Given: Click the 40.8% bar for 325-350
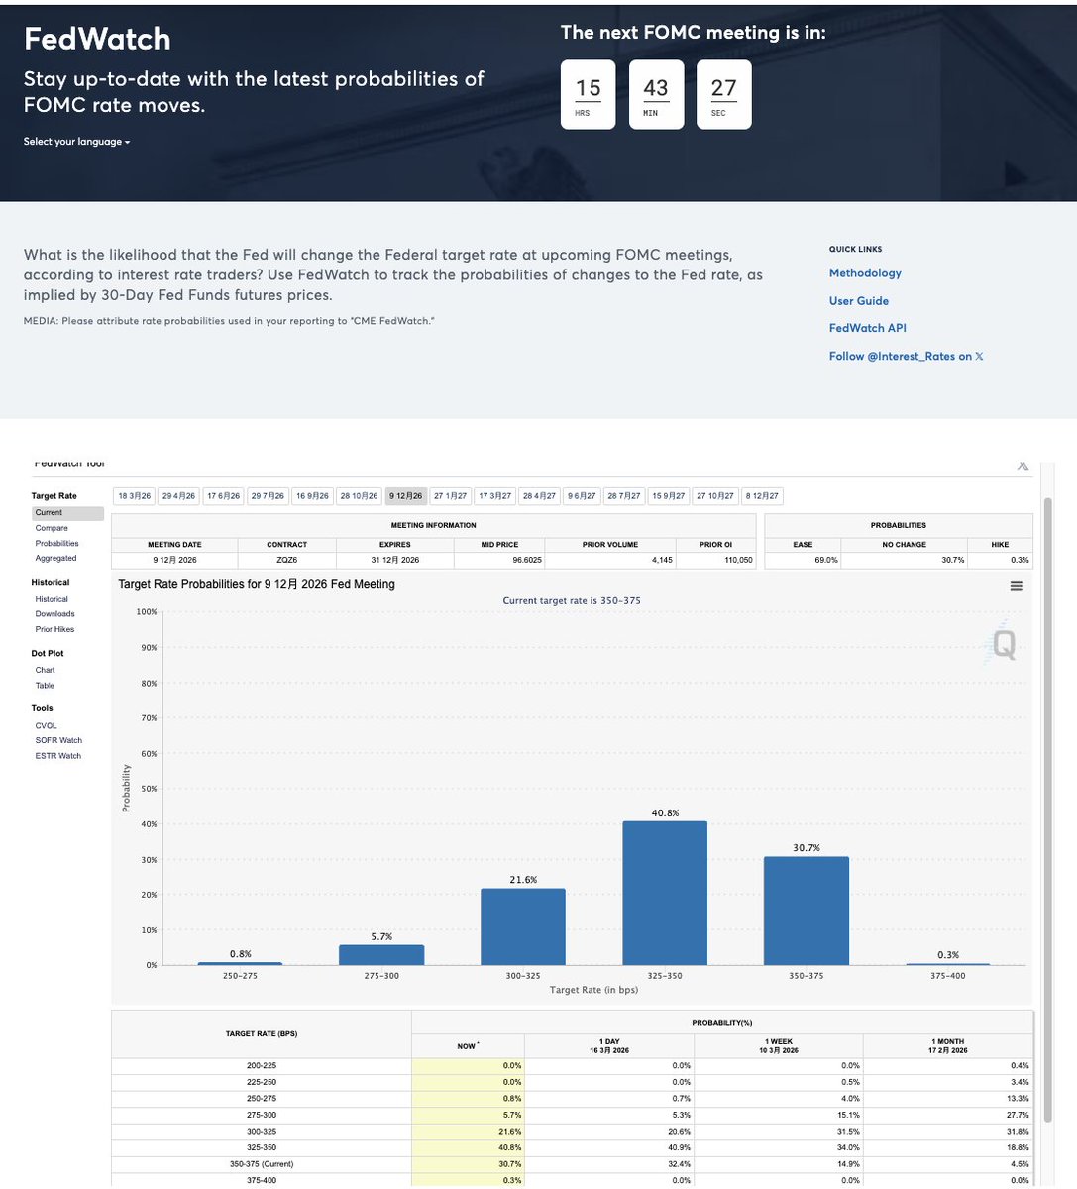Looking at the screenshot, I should click(x=665, y=893).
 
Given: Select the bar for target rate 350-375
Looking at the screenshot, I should click(x=806, y=911).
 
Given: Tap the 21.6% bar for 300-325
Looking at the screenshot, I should click(x=523, y=926).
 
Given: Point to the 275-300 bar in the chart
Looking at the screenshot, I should click(x=381, y=954).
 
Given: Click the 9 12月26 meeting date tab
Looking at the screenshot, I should click(x=406, y=496).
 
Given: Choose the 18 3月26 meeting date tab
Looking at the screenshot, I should click(x=135, y=496).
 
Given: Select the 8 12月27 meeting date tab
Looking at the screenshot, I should click(x=762, y=496).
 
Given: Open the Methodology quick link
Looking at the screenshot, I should click(x=865, y=273).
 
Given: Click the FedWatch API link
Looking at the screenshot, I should click(x=867, y=328).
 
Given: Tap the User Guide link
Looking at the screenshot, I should click(x=858, y=301).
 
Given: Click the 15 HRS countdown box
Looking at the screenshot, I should click(x=588, y=94).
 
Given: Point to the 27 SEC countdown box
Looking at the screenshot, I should click(x=723, y=94).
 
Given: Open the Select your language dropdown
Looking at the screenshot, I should click(x=76, y=142).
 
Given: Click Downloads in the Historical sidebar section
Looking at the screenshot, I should click(x=54, y=614).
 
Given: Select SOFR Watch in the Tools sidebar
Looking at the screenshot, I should click(x=58, y=740).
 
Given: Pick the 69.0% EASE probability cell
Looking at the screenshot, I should click(x=804, y=560).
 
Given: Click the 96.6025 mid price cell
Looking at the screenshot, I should click(x=499, y=560).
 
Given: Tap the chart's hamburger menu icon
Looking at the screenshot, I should click(x=1016, y=586).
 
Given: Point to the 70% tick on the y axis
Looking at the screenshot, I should click(x=147, y=718).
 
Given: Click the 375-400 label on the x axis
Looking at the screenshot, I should click(x=947, y=976).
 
